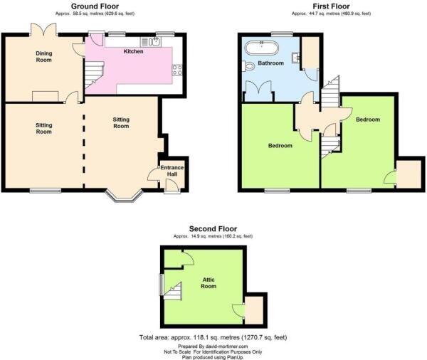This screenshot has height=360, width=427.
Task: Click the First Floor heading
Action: [330, 6]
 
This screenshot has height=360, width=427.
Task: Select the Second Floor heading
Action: [212, 228]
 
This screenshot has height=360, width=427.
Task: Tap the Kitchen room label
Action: [133, 51]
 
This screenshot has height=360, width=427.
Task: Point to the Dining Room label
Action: [46, 56]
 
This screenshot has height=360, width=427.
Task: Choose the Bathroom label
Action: [270, 63]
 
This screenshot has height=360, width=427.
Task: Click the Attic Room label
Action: [208, 282]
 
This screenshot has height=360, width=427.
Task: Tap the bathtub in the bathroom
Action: [261, 48]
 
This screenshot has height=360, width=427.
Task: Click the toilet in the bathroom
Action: [248, 66]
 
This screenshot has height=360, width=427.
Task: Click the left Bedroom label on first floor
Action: [280, 146]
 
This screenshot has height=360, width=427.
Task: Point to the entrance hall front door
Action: [169, 186]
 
